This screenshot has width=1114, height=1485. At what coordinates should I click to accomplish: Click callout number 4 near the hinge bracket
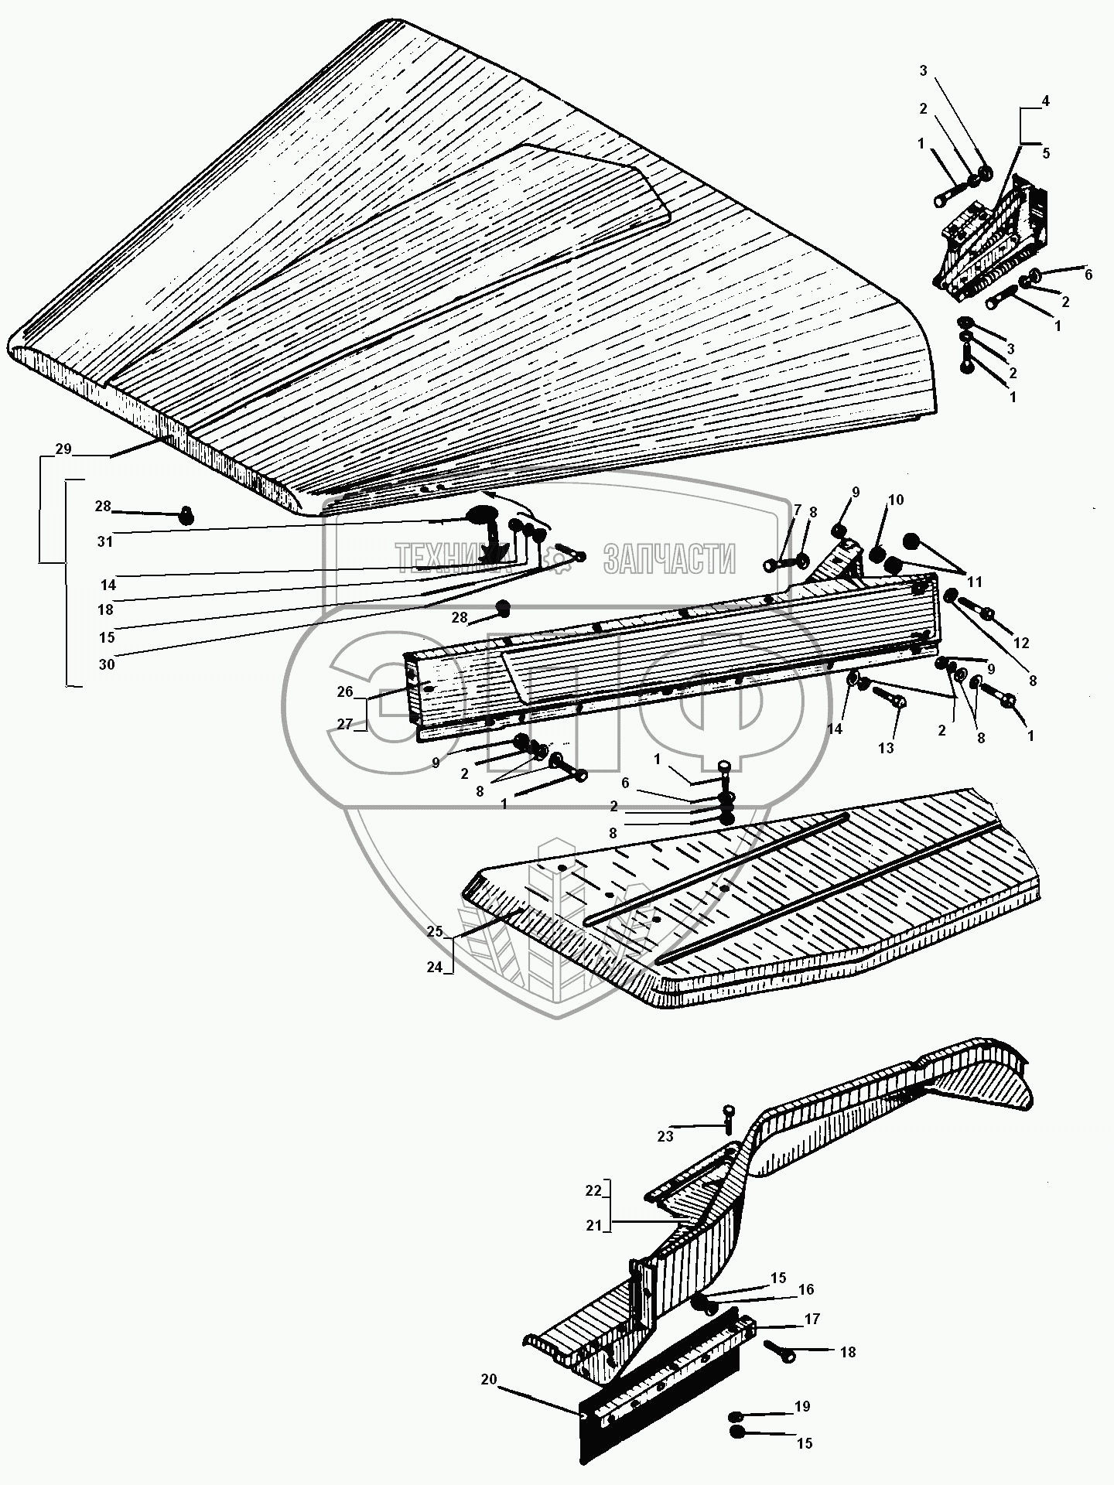(1045, 101)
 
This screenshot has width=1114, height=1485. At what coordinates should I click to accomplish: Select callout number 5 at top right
(1045, 153)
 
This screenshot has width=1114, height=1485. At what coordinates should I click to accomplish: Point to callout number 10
(895, 500)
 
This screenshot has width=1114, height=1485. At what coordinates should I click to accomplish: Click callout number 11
(974, 581)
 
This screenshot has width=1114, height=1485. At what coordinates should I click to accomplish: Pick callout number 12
(1021, 643)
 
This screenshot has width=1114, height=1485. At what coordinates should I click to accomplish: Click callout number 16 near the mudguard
(806, 1289)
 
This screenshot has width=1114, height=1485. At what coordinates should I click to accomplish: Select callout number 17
(812, 1319)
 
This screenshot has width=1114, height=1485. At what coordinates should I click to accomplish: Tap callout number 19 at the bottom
(804, 1407)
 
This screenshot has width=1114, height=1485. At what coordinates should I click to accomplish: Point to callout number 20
(488, 1379)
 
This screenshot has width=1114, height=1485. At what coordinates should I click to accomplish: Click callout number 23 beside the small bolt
(665, 1136)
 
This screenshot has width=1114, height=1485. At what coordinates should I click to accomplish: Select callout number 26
(345, 691)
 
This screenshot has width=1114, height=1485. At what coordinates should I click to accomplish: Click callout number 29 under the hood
(63, 449)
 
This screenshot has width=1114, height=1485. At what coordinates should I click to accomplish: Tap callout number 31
(105, 541)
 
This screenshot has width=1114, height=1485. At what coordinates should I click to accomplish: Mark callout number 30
(107, 664)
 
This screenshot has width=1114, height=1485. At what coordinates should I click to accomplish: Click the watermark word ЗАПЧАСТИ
(669, 558)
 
